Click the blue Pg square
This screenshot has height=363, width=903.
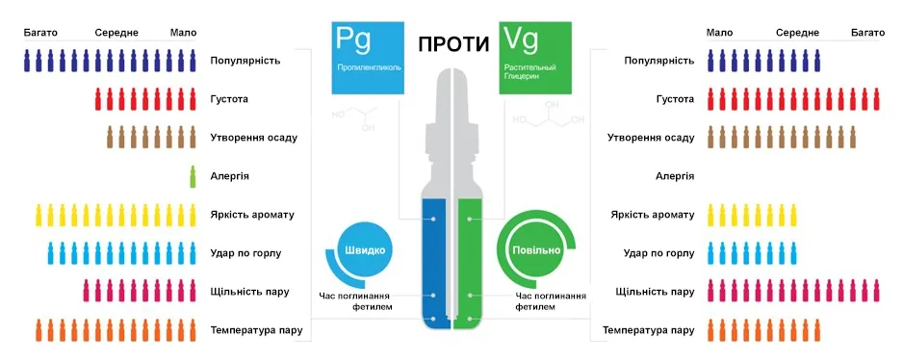366,56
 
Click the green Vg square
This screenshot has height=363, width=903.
536,56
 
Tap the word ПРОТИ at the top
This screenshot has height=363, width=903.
451,44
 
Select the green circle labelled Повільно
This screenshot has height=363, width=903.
536,250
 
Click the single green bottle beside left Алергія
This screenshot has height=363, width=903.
193,176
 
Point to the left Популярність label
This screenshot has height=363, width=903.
245,61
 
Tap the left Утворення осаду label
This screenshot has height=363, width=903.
253,138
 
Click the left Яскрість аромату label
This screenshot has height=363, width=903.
252,215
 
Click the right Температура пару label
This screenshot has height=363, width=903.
649,330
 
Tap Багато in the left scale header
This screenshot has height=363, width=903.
41,33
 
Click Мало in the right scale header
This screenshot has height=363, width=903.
718,33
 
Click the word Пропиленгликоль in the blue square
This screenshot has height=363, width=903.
369,69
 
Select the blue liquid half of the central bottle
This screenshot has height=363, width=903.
436,260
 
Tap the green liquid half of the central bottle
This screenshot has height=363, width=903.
470,260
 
